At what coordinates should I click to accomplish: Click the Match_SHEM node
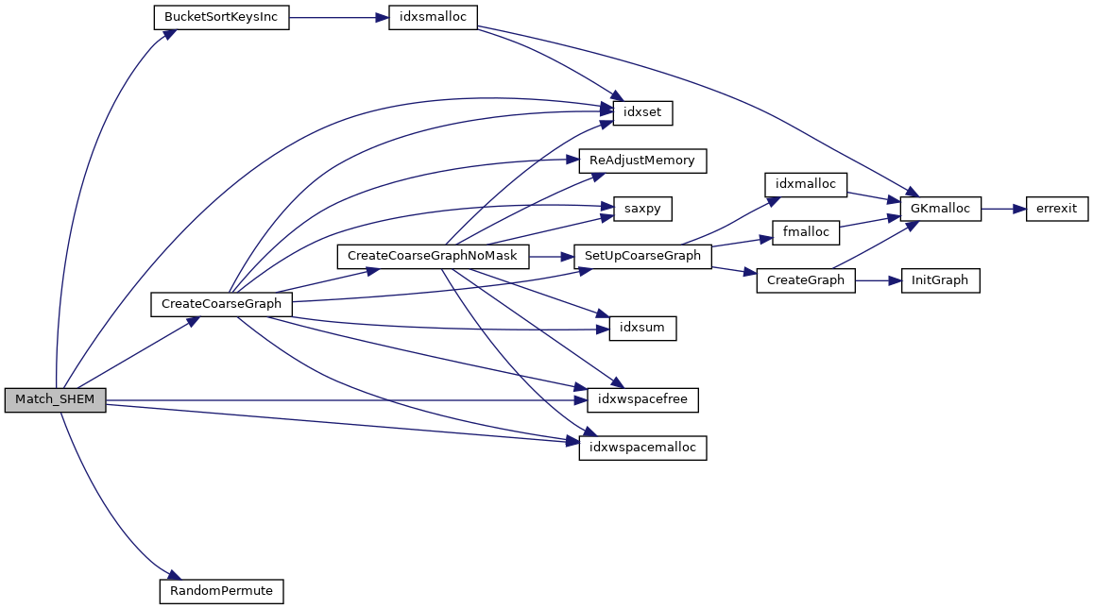[x=55, y=399]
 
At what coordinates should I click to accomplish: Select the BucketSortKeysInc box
[x=220, y=19]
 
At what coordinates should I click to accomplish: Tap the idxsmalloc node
[x=434, y=19]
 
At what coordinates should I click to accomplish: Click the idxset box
[x=642, y=113]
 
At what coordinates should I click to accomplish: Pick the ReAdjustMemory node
[x=641, y=161]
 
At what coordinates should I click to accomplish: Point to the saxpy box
[x=641, y=208]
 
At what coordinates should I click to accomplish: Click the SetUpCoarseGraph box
[x=642, y=256]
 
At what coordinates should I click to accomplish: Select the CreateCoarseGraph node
[x=221, y=304]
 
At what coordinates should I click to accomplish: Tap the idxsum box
[x=641, y=328]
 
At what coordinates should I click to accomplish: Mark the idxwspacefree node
[x=642, y=400]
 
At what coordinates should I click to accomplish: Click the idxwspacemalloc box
[x=642, y=448]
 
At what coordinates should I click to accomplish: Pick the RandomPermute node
[x=221, y=591]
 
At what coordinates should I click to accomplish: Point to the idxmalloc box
[x=805, y=184]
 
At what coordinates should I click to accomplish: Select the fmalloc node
[x=806, y=232]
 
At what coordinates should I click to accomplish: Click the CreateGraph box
[x=806, y=280]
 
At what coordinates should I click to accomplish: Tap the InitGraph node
[x=940, y=280]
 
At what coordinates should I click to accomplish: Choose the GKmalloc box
[x=941, y=208]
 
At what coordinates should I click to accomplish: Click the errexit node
[x=1057, y=208]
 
